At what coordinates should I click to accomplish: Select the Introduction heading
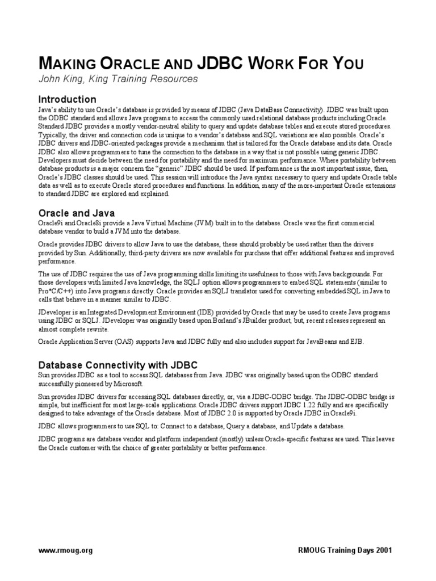click(67, 99)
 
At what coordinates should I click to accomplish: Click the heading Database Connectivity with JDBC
click(118, 365)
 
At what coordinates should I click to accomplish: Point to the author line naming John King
click(118, 79)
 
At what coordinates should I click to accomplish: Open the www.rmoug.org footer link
click(65, 550)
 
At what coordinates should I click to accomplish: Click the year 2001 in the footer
click(380, 550)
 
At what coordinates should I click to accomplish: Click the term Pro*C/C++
click(57, 291)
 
